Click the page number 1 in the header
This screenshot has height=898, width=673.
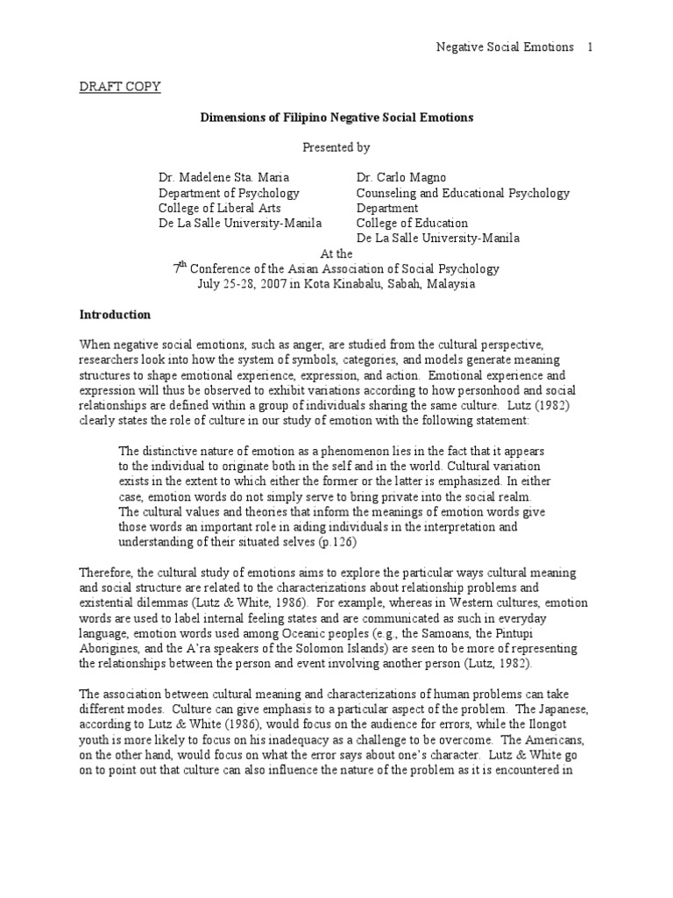tap(591, 46)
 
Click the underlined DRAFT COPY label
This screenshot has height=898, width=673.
tap(120, 87)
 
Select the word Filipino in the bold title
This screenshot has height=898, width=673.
tap(328, 117)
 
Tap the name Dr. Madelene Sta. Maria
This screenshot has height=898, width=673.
tap(228, 177)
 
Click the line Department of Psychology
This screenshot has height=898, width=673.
tap(229, 193)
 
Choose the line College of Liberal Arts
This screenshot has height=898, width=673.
tap(215, 208)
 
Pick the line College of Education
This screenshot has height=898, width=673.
tap(412, 223)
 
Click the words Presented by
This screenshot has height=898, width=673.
tap(337, 147)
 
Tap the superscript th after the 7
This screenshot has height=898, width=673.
tap(183, 264)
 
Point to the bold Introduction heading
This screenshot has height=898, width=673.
tap(115, 314)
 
